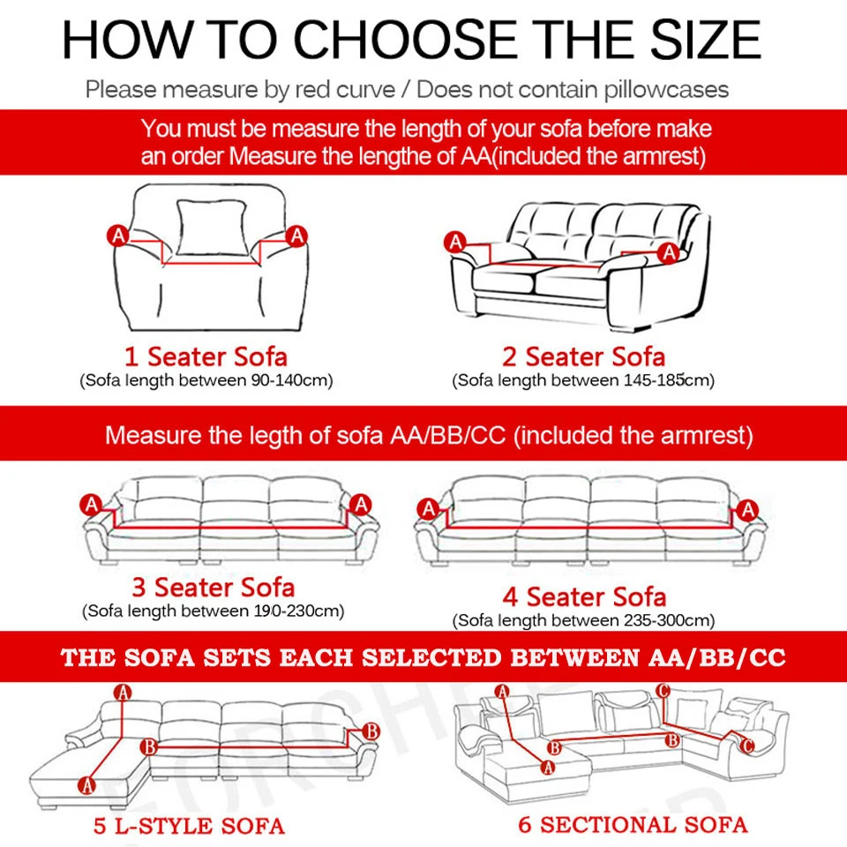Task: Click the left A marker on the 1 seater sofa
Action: click(117, 236)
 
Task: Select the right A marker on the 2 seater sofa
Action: click(669, 252)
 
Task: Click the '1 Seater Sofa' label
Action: click(205, 357)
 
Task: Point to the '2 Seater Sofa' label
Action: click(583, 357)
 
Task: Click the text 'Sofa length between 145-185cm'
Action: click(583, 381)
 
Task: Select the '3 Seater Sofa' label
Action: click(213, 588)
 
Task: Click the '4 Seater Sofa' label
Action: click(583, 597)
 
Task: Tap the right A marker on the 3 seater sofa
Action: click(359, 504)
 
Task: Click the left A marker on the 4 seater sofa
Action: click(428, 509)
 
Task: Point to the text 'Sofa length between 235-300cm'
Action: click(583, 621)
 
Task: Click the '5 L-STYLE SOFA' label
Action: click(189, 827)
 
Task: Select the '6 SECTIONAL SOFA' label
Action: click(633, 825)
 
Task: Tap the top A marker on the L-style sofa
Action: click(123, 694)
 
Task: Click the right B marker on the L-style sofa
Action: click(371, 731)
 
